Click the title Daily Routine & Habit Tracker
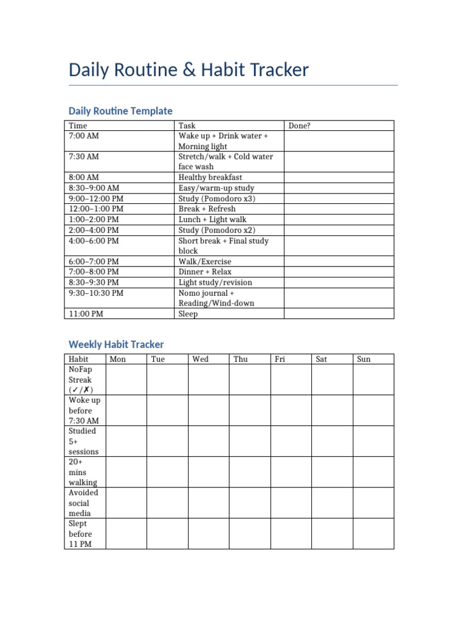click(x=189, y=70)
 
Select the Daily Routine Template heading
click(x=120, y=111)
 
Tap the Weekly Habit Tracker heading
click(x=116, y=344)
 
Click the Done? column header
click(x=299, y=126)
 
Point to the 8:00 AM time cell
click(x=84, y=178)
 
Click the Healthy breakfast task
click(x=210, y=178)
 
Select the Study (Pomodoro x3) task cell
click(x=216, y=198)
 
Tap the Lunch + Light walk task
click(x=212, y=219)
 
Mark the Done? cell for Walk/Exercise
click(x=339, y=262)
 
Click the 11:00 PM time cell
click(x=86, y=314)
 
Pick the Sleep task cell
click(x=188, y=314)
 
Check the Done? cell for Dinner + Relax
click(x=339, y=272)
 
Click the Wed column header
click(x=200, y=359)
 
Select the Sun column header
click(x=364, y=359)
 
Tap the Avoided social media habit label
click(x=83, y=503)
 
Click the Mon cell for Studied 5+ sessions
click(x=126, y=441)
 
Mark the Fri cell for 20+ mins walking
click(x=291, y=472)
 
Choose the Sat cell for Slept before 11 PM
click(x=332, y=534)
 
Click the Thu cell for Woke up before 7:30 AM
click(x=249, y=410)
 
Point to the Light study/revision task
click(x=215, y=282)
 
